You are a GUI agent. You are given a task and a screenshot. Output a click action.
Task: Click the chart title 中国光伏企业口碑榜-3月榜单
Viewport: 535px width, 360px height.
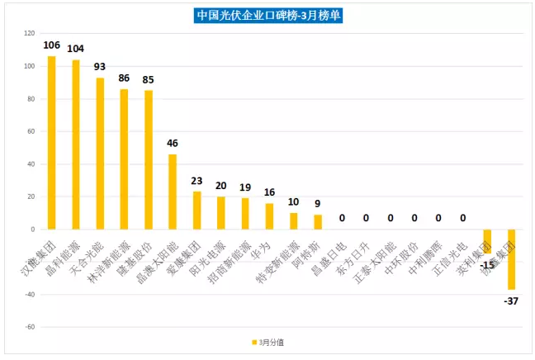tap(268, 15)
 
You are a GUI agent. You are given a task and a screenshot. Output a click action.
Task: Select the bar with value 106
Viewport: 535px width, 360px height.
tap(51, 142)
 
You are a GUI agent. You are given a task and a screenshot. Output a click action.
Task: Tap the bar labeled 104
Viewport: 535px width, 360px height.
tap(76, 144)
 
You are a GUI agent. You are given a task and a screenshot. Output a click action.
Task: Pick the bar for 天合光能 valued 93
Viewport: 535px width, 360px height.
tap(100, 153)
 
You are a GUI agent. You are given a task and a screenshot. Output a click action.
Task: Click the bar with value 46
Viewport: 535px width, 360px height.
tap(173, 192)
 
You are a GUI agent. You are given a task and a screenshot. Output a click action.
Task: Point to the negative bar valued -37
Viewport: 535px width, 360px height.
tap(512, 259)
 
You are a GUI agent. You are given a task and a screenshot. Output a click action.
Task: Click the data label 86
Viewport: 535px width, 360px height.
tap(124, 78)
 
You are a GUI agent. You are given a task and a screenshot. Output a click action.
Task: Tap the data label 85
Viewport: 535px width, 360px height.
tap(149, 80)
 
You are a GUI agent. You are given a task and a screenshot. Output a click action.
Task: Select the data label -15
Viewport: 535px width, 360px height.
tap(488, 264)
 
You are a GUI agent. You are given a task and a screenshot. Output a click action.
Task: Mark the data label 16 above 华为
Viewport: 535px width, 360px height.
tap(269, 192)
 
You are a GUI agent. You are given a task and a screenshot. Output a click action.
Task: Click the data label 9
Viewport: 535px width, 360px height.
tap(318, 204)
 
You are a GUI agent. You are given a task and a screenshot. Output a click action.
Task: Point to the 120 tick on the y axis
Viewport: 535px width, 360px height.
tap(29, 34)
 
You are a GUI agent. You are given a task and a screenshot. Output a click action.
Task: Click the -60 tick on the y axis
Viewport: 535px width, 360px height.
tap(29, 327)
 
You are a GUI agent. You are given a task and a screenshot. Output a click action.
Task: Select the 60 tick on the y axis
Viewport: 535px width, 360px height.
tap(30, 131)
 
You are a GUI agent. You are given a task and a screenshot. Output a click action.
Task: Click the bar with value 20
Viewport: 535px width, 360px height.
tap(220, 212)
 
